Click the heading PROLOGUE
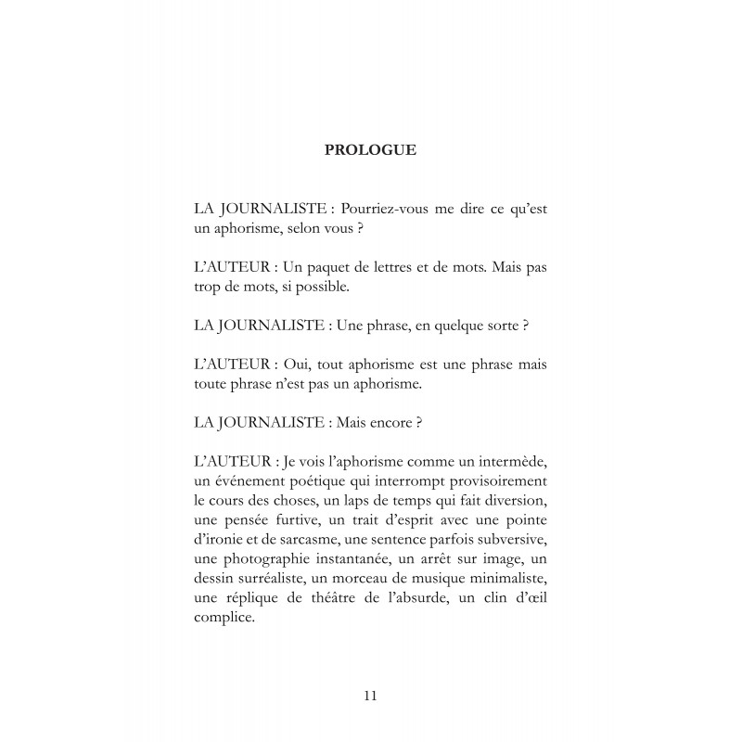click(370, 149)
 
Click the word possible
click(320, 288)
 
